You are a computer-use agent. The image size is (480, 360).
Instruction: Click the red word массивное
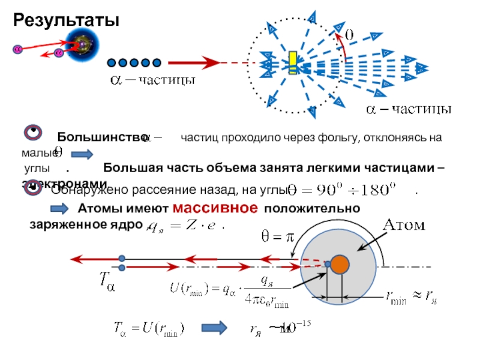click(215, 208)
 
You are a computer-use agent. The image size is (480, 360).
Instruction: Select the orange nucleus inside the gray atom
click(340, 263)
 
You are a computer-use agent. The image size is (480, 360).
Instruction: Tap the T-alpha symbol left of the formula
click(106, 280)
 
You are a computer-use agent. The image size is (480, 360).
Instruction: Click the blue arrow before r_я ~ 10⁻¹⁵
click(215, 328)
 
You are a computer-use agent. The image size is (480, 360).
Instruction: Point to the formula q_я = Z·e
click(181, 227)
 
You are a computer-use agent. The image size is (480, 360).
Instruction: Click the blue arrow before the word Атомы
click(59, 209)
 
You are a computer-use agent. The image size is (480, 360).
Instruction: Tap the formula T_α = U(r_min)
click(149, 328)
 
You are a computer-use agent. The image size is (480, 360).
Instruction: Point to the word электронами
click(65, 183)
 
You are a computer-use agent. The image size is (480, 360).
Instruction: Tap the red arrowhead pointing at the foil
click(209, 62)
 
